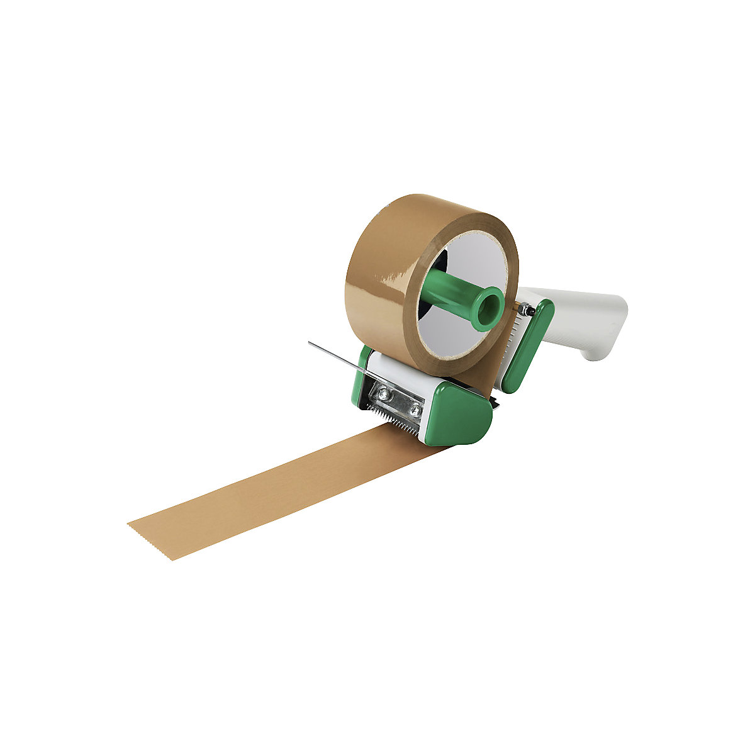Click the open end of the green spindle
(488, 308)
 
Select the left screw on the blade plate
(381, 394)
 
